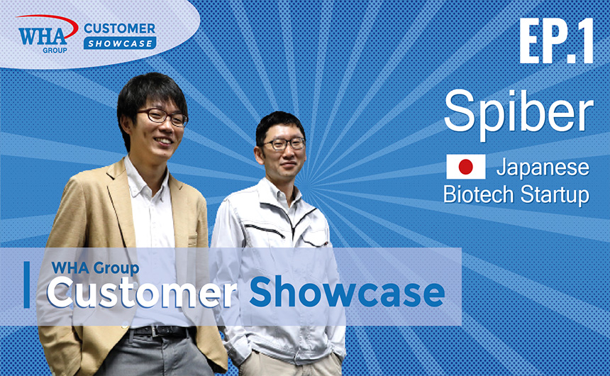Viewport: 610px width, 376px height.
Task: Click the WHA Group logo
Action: point(48,34)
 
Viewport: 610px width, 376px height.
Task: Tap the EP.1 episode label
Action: point(556,41)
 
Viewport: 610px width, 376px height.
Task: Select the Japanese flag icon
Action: point(466,167)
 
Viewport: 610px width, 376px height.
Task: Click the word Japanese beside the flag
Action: point(543,167)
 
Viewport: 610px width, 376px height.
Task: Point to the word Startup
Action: point(555,194)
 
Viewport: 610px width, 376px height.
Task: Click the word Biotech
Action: point(479,194)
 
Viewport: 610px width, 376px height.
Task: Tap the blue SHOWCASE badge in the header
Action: point(120,43)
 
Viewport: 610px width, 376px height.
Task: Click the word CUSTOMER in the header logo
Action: point(119,28)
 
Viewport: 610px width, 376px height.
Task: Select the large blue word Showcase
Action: point(347,292)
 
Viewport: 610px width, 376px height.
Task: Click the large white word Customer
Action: point(142,293)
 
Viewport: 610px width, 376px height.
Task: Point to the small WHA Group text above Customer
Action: point(95,267)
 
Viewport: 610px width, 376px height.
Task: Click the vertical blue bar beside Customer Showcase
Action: point(26,284)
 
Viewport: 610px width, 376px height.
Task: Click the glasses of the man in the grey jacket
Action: point(284,143)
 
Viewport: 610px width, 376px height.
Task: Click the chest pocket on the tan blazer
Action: point(193,240)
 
